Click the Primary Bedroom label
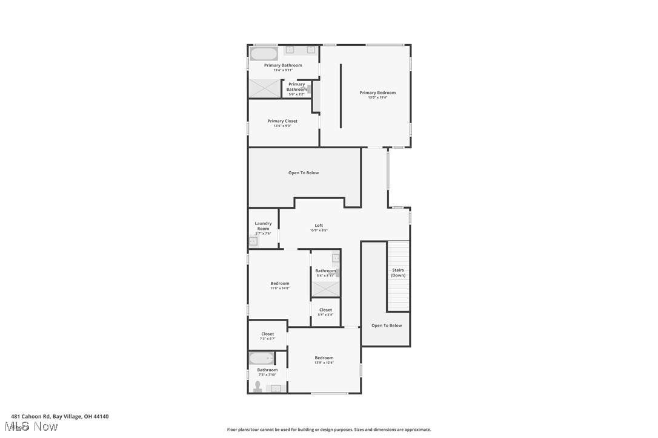click(377, 93)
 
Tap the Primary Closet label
click(282, 121)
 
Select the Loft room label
click(319, 226)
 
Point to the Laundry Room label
click(263, 226)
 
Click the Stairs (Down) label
click(398, 273)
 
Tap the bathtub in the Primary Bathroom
click(264, 54)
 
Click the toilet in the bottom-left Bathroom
click(258, 386)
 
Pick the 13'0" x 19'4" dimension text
click(377, 97)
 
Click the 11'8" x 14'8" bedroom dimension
click(280, 288)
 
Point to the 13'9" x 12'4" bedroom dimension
click(324, 362)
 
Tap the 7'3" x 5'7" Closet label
click(267, 334)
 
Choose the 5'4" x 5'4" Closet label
click(325, 310)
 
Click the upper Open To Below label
click(304, 173)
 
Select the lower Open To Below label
click(387, 325)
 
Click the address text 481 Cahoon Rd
click(60, 416)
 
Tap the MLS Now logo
click(34, 427)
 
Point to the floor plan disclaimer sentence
click(329, 430)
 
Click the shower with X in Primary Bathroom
click(264, 89)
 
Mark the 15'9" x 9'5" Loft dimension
click(319, 230)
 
